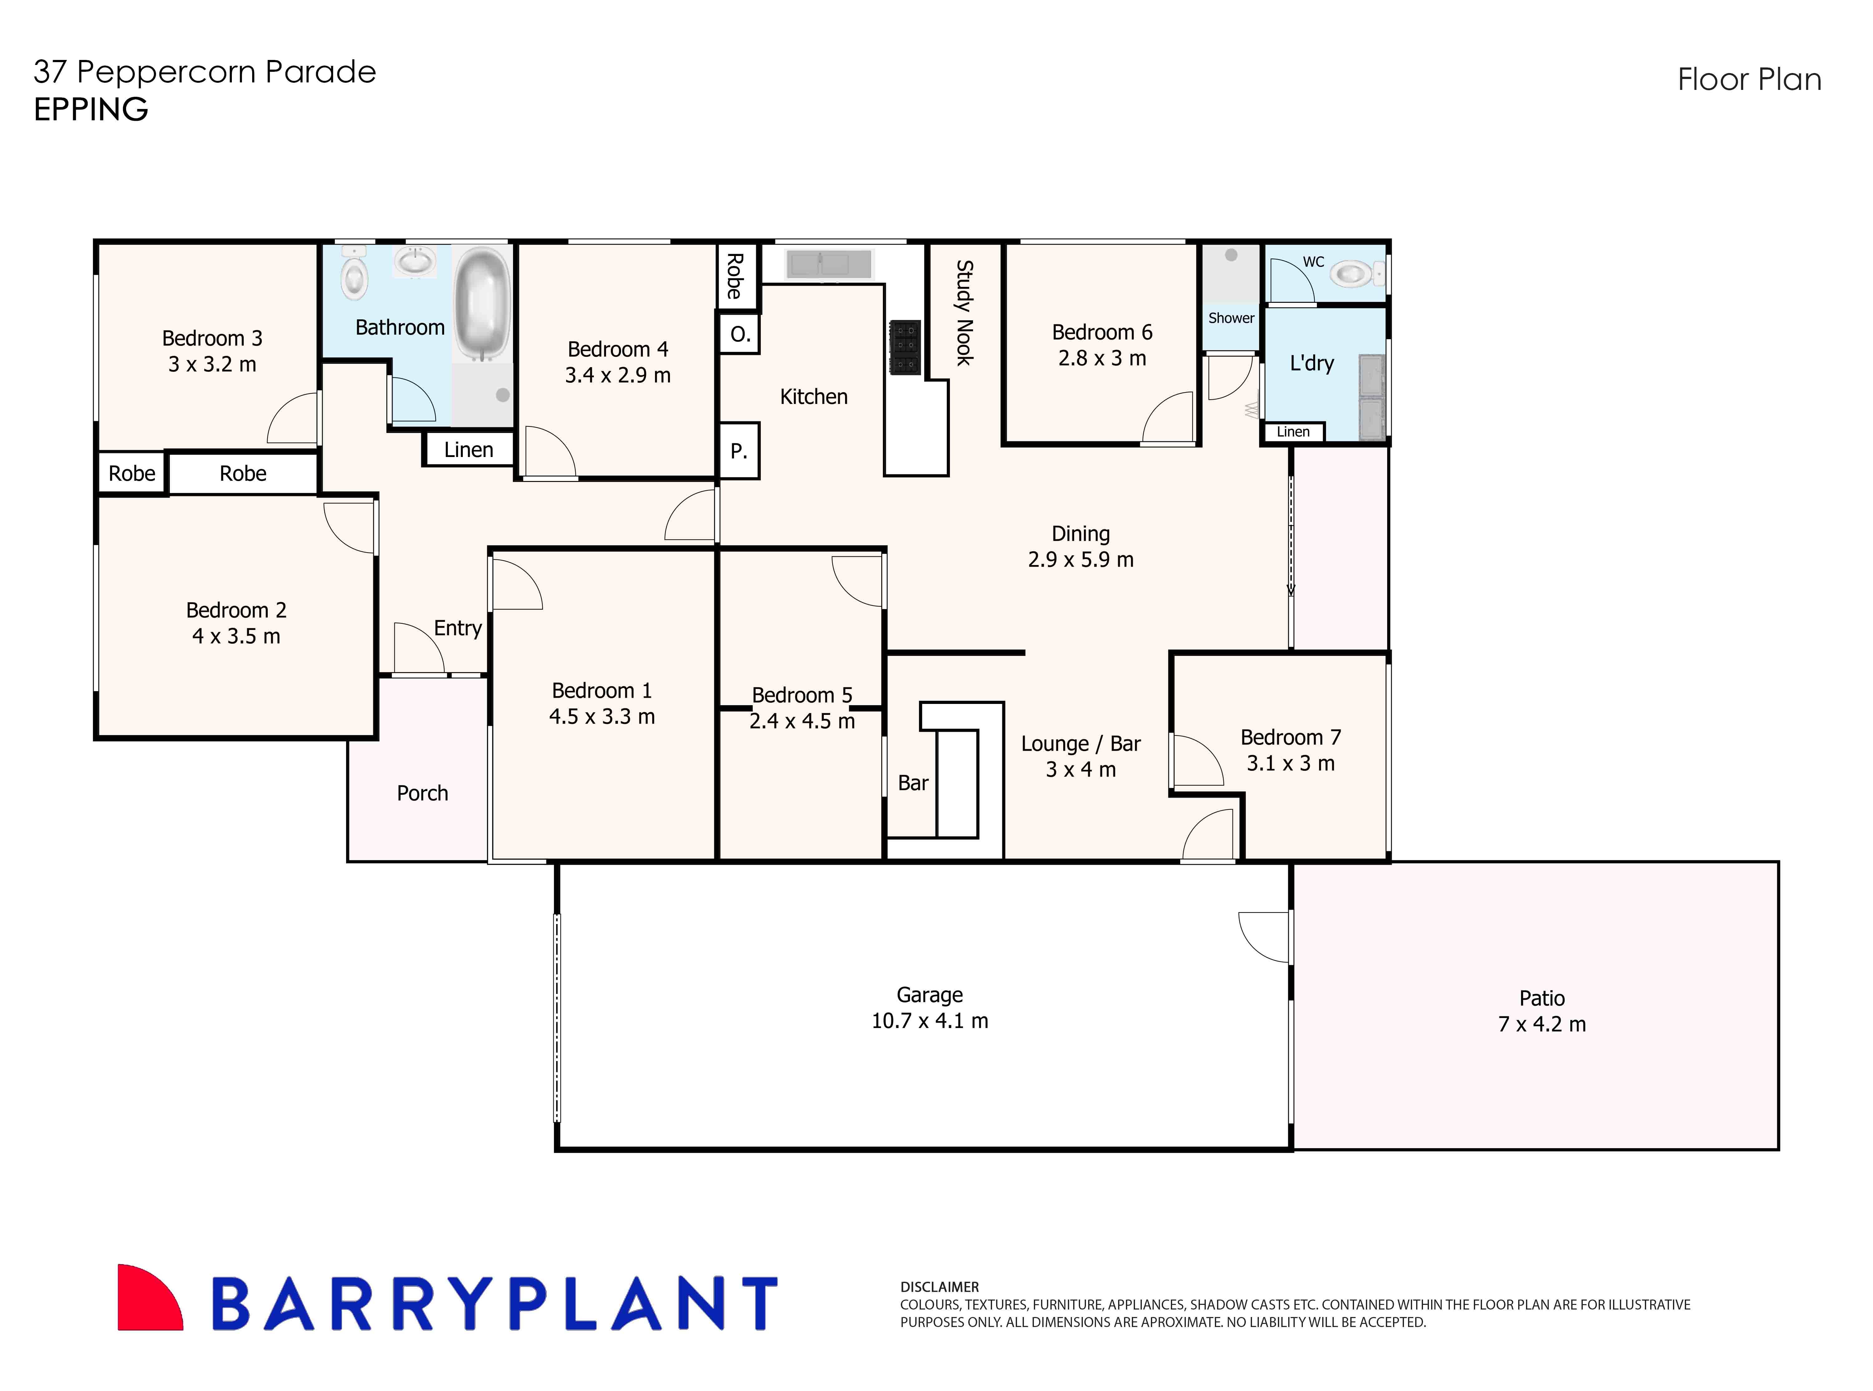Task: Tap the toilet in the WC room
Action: point(1353,274)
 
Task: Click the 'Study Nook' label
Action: point(964,312)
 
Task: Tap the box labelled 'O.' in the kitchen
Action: point(739,334)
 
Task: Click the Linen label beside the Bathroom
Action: point(468,450)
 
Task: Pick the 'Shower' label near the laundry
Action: point(1231,318)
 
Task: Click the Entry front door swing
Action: point(418,648)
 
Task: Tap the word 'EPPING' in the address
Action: point(91,110)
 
